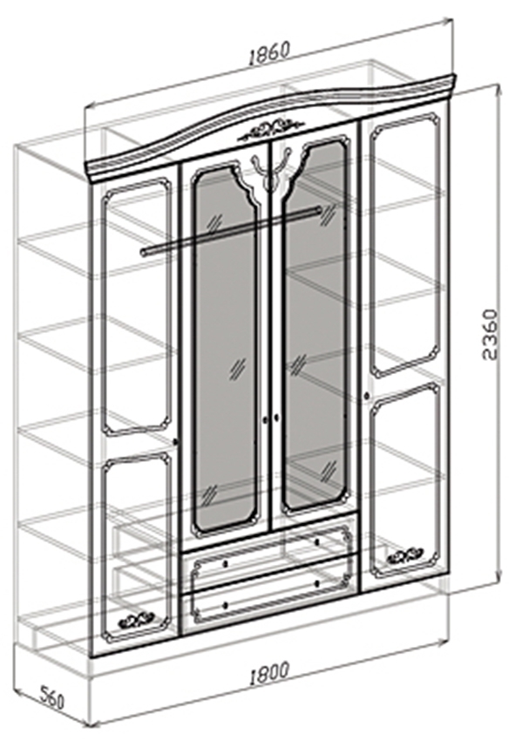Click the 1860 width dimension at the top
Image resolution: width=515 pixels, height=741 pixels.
tap(268, 52)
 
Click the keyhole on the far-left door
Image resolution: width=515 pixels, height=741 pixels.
tap(176, 441)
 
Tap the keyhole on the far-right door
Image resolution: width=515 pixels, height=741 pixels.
tap(366, 394)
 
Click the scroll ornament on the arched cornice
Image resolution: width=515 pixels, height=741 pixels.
tap(271, 128)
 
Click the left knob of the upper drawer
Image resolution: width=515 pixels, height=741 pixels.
tap(225, 563)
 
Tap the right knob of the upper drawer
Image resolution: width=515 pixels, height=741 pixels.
tap(316, 541)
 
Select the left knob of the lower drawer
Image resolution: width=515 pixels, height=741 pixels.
tap(225, 604)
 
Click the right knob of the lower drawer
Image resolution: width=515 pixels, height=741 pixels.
tap(316, 583)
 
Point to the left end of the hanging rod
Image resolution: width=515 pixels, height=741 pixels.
tap(144, 251)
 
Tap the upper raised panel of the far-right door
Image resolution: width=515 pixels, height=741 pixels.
tap(405, 245)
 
